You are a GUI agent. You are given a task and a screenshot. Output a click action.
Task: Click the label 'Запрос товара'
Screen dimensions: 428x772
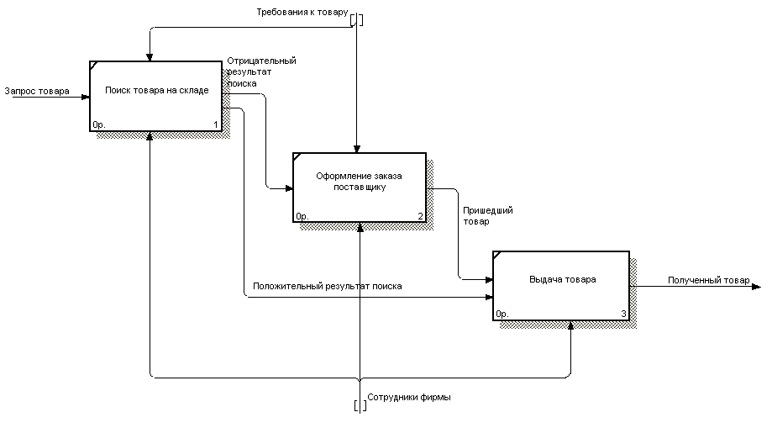coord(37,90)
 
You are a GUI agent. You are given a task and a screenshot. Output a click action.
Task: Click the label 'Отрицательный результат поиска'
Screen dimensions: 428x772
coord(260,72)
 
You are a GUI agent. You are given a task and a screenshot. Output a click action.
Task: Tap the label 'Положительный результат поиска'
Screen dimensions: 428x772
coord(327,286)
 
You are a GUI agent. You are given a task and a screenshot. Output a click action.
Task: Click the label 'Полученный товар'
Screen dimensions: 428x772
coord(708,280)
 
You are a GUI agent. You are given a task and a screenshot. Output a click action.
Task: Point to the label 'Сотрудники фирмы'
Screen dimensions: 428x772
coord(409,397)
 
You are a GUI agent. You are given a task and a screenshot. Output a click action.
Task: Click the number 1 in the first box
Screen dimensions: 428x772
coord(216,125)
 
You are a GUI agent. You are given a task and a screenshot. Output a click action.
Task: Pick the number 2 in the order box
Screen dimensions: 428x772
coord(419,216)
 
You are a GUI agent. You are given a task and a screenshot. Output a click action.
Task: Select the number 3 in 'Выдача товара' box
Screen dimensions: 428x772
coord(623,314)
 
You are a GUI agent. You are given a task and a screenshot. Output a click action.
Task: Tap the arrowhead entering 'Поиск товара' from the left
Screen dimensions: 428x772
coord(86,97)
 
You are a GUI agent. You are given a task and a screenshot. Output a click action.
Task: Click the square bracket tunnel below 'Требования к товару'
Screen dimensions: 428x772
coord(357,20)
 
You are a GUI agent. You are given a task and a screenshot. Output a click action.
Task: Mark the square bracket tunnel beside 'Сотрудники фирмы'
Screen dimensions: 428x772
coord(360,405)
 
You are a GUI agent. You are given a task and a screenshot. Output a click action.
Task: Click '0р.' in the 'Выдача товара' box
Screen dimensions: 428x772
coord(502,314)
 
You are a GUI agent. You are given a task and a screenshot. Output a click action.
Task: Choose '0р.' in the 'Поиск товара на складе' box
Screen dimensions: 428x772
coord(98,125)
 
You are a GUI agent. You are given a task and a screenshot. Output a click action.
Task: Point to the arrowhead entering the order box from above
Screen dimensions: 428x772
coord(359,148)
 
